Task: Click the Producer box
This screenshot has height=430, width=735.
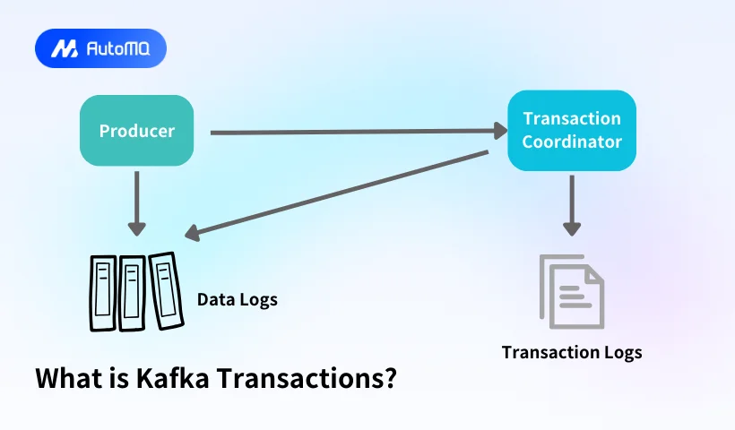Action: click(x=136, y=131)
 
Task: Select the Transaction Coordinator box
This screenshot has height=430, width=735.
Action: click(x=571, y=130)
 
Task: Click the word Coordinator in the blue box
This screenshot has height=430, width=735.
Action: click(x=572, y=142)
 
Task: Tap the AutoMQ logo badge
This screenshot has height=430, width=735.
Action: click(x=100, y=48)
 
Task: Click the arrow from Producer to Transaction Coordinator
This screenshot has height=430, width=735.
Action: click(x=359, y=133)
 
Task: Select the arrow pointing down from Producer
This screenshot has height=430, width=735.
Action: click(x=136, y=203)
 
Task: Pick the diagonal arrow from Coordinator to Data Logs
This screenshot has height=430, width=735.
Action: click(x=341, y=193)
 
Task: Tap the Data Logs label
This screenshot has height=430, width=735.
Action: click(x=238, y=299)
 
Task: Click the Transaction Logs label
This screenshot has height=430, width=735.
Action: click(x=571, y=352)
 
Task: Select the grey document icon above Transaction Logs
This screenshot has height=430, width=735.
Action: click(x=572, y=291)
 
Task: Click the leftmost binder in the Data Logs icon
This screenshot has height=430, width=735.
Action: click(x=103, y=293)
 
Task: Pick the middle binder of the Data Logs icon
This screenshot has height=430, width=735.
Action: click(x=133, y=291)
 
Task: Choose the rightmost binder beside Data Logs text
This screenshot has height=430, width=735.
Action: click(x=163, y=288)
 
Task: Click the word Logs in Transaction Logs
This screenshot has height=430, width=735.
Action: click(x=622, y=352)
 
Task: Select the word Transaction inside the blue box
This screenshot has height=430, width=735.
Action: click(x=572, y=118)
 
